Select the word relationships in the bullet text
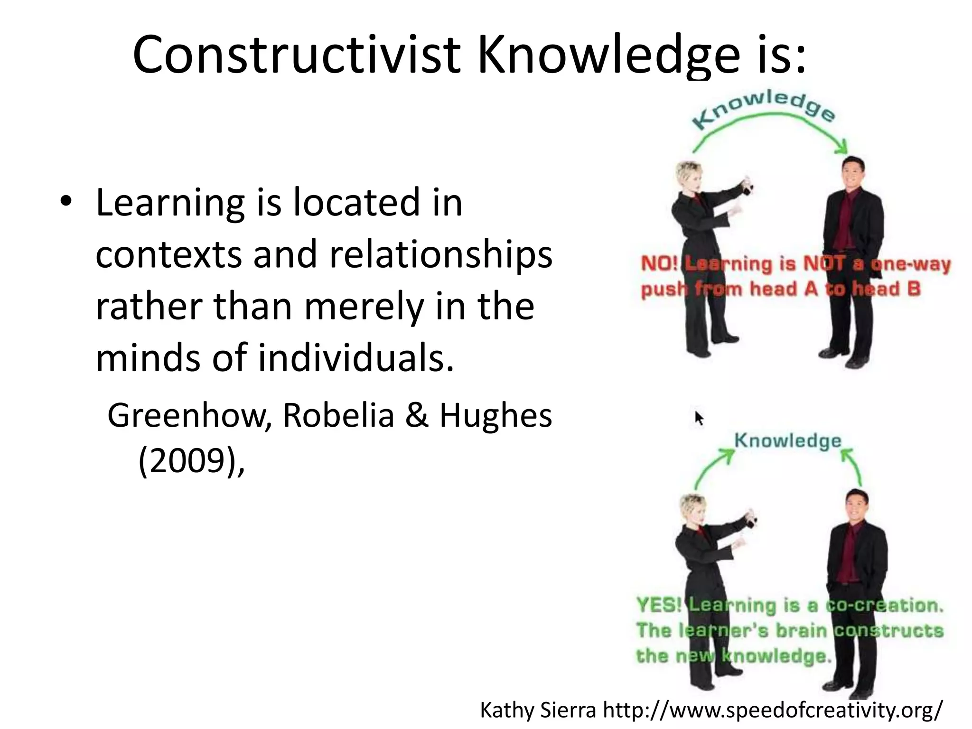point(441,255)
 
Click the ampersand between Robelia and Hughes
point(417,416)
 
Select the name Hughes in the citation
point(495,416)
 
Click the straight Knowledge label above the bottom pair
point(788,440)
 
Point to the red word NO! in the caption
point(659,264)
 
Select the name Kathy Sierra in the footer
point(538,710)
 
